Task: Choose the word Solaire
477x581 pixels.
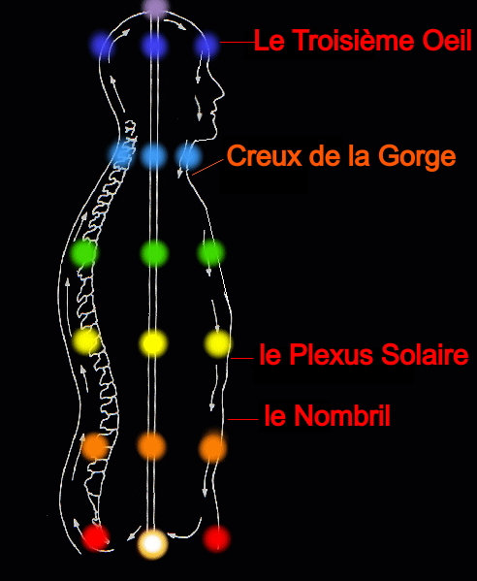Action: click(425, 354)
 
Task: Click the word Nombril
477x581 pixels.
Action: click(343, 415)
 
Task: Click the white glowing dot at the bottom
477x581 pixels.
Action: click(152, 543)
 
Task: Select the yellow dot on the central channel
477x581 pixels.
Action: click(153, 343)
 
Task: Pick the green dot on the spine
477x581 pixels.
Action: click(84, 253)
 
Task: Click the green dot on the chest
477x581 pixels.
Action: click(211, 253)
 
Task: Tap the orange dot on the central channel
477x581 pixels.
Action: click(151, 446)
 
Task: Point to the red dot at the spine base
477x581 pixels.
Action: click(95, 537)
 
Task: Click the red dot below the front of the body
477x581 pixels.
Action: click(216, 538)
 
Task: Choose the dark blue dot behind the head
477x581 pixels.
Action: click(102, 46)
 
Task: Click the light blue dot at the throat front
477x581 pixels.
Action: click(189, 157)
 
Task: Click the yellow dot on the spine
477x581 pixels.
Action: click(86, 340)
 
